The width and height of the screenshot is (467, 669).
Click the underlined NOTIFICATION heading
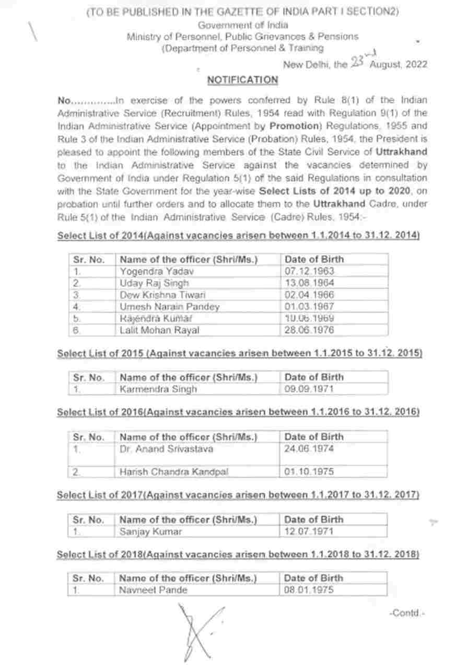(x=242, y=80)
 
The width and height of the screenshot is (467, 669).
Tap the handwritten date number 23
(x=357, y=63)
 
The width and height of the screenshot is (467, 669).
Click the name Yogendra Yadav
(x=149, y=271)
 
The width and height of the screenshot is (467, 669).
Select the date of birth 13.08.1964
(x=309, y=283)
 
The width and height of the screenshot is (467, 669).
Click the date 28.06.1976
(x=309, y=330)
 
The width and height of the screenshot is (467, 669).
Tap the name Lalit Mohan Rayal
(x=159, y=330)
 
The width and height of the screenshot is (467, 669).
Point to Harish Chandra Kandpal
(x=174, y=471)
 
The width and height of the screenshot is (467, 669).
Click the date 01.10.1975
(x=309, y=471)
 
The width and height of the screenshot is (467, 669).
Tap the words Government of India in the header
(x=242, y=25)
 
